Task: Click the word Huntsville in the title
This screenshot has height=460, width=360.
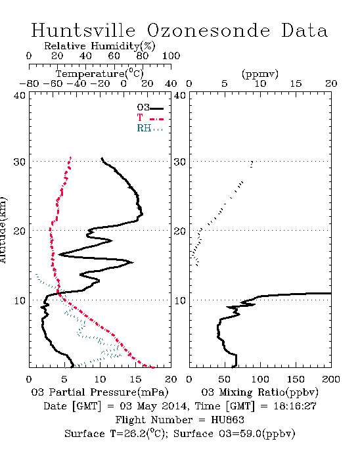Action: [x=83, y=30]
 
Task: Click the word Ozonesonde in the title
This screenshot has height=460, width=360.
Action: [x=208, y=30]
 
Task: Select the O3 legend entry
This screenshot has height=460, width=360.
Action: [x=150, y=108]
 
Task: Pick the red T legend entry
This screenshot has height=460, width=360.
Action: [x=150, y=118]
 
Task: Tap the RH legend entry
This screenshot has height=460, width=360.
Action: [x=150, y=128]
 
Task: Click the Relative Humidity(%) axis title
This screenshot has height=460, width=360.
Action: [x=100, y=46]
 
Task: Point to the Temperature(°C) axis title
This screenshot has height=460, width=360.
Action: [x=100, y=74]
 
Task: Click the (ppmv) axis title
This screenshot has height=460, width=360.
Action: [x=260, y=74]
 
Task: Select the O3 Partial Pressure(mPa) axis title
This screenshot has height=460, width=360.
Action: [x=100, y=392]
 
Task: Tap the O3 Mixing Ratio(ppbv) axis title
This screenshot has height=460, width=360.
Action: [x=259, y=392]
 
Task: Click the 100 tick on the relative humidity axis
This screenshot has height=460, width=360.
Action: [x=171, y=55]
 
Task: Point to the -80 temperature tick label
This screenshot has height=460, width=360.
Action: [x=29, y=83]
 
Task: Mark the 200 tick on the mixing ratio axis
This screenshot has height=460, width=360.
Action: [x=331, y=379]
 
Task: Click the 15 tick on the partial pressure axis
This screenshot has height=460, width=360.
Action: [x=135, y=379]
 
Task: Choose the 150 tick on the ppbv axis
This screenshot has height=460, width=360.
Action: [x=296, y=379]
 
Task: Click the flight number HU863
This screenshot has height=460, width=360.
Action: [x=227, y=420]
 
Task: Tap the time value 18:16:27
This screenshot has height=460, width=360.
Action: [x=295, y=406]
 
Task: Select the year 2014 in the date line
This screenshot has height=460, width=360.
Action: [x=175, y=406]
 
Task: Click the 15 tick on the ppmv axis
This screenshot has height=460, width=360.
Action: [x=296, y=83]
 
